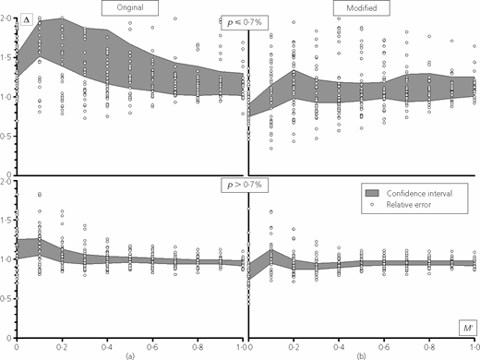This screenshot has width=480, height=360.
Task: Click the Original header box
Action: (x=130, y=7)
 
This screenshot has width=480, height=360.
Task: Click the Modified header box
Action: (x=362, y=7)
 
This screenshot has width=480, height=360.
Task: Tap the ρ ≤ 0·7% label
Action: (x=245, y=22)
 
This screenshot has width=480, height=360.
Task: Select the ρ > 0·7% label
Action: (x=245, y=185)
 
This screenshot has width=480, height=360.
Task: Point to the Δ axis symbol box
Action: (x=27, y=19)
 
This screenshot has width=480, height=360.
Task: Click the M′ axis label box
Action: (x=468, y=328)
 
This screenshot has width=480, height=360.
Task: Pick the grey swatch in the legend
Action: (x=372, y=193)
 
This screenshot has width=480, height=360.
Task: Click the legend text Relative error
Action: (x=409, y=205)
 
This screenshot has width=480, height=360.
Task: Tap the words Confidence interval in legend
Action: (x=419, y=194)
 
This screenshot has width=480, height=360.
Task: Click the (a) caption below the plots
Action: (x=130, y=356)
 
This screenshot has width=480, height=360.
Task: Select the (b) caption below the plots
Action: (x=362, y=356)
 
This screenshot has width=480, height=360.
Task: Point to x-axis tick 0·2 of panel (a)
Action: (x=62, y=347)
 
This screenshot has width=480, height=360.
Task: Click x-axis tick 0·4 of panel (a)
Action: (x=107, y=347)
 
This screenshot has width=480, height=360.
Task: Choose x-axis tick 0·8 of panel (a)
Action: (x=198, y=347)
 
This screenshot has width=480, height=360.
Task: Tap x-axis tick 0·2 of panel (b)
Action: (x=294, y=347)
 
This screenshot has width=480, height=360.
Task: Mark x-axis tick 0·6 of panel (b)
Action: (x=384, y=347)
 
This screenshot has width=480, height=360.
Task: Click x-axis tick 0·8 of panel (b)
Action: (x=429, y=347)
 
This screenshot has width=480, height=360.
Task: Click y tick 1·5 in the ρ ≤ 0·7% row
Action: (x=6, y=58)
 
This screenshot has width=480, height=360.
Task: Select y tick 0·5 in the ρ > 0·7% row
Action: (x=6, y=299)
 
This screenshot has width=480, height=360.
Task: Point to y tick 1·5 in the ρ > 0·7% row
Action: (x=6, y=221)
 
